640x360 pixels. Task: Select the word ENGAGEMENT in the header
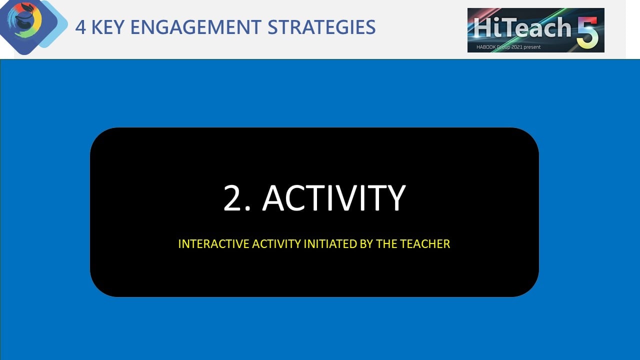click(195, 27)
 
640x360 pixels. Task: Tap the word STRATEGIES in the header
click(321, 27)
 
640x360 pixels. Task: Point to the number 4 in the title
click(80, 27)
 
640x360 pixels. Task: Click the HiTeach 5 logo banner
click(535, 30)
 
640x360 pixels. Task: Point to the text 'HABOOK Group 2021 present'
click(508, 47)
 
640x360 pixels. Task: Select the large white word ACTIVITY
click(333, 197)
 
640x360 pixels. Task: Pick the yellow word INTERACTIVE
click(213, 244)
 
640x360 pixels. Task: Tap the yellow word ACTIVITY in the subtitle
click(276, 244)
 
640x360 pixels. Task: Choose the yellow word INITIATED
click(330, 244)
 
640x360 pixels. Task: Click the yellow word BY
click(366, 244)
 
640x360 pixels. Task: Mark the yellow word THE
click(387, 244)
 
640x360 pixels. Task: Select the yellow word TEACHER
click(425, 244)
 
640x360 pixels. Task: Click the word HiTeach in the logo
click(522, 27)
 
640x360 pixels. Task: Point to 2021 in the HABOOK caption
click(517, 47)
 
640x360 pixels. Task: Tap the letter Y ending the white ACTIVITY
click(395, 197)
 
